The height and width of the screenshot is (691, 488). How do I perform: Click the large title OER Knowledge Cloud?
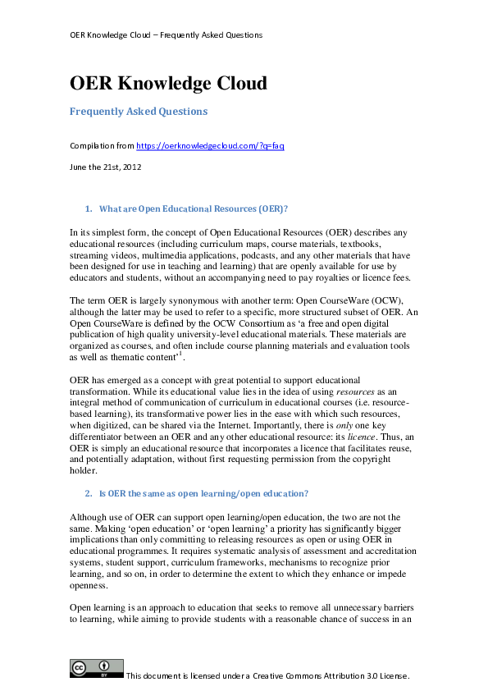[x=168, y=83]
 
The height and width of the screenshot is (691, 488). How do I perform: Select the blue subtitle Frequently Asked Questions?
[x=139, y=111]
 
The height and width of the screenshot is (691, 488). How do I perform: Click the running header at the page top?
[x=166, y=35]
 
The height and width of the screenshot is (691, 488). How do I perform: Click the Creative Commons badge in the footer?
[x=96, y=668]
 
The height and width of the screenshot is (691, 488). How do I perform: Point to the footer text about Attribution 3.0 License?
[x=267, y=675]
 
